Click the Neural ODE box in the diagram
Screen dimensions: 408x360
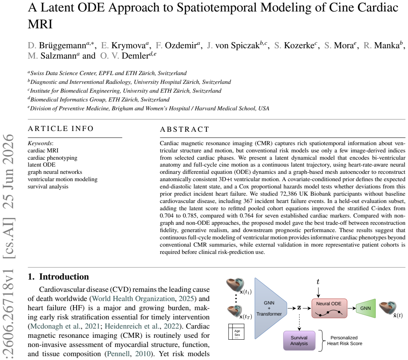(x=329, y=308)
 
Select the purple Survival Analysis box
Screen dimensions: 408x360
(x=299, y=340)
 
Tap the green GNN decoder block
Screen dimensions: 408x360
(x=365, y=308)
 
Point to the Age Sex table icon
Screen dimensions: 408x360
(x=236, y=332)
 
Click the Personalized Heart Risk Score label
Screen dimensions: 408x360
(x=344, y=340)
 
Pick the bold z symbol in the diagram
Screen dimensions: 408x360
(x=299, y=308)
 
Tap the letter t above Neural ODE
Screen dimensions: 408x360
(x=318, y=282)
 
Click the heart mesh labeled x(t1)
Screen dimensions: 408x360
(x=235, y=285)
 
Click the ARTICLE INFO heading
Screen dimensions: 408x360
(x=61, y=129)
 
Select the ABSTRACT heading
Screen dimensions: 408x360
(x=185, y=129)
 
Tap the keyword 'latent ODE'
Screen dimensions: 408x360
(x=42, y=165)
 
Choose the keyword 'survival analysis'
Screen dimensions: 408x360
(x=48, y=187)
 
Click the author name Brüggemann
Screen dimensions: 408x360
(x=62, y=46)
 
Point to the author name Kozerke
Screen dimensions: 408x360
(x=299, y=46)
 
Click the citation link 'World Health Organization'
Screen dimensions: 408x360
(x=133, y=299)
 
